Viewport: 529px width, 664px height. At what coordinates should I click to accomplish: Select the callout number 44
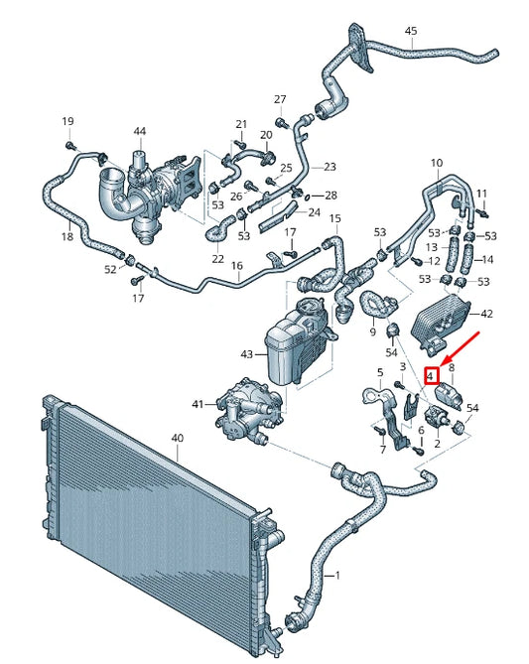coord(139,132)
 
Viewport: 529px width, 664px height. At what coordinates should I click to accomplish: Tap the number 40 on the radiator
coord(178,438)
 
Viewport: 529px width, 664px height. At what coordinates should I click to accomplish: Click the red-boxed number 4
coord(431,376)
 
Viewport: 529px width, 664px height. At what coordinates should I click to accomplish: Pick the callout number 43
coord(245,353)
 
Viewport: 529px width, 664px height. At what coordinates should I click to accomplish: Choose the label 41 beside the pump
coord(198,404)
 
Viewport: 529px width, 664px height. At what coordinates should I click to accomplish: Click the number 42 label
coord(486,314)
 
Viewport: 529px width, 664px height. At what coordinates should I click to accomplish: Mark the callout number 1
coord(336,577)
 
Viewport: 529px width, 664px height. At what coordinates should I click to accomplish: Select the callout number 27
coord(280,99)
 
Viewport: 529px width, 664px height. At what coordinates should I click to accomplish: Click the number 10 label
coord(437,163)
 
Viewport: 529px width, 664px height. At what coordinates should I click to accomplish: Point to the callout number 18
coord(67,237)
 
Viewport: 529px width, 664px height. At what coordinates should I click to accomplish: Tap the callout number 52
coord(110,269)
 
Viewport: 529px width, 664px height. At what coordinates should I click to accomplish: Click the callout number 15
coord(334,218)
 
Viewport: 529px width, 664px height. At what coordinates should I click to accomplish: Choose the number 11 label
coord(482,193)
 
